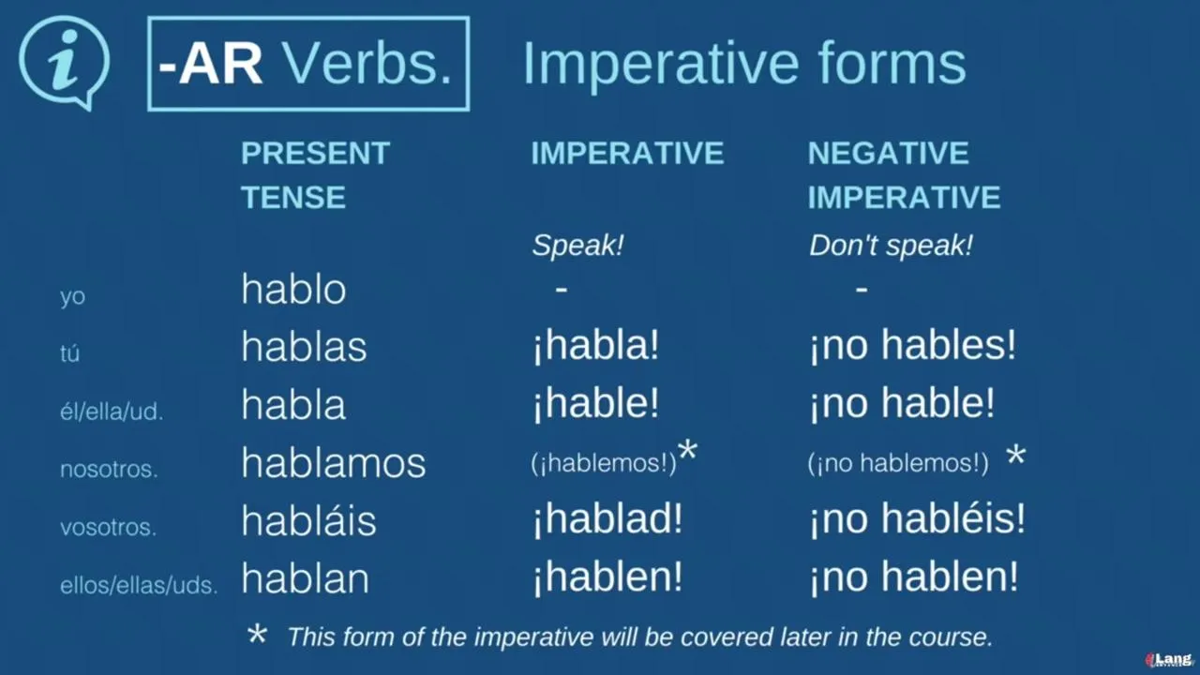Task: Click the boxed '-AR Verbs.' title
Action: pos(308,64)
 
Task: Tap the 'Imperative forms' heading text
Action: pos(744,64)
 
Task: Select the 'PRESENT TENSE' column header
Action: pos(316,174)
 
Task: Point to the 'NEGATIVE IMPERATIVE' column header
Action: pos(905,174)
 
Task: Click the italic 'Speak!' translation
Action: pos(578,246)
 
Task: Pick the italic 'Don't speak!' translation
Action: pos(891,246)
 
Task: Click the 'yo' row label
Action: pos(72,296)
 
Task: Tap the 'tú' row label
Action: pos(69,353)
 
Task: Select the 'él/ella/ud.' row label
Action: pos(112,412)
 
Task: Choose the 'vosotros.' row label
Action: pos(108,527)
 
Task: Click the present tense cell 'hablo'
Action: pos(293,289)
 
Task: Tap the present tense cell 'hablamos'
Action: pos(333,462)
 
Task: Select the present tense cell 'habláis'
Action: pos(308,519)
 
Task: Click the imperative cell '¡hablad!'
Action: pos(607,519)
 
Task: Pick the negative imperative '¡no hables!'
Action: pos(913,346)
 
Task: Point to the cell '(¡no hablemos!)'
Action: pos(898,463)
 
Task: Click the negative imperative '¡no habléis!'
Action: pos(917,519)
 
